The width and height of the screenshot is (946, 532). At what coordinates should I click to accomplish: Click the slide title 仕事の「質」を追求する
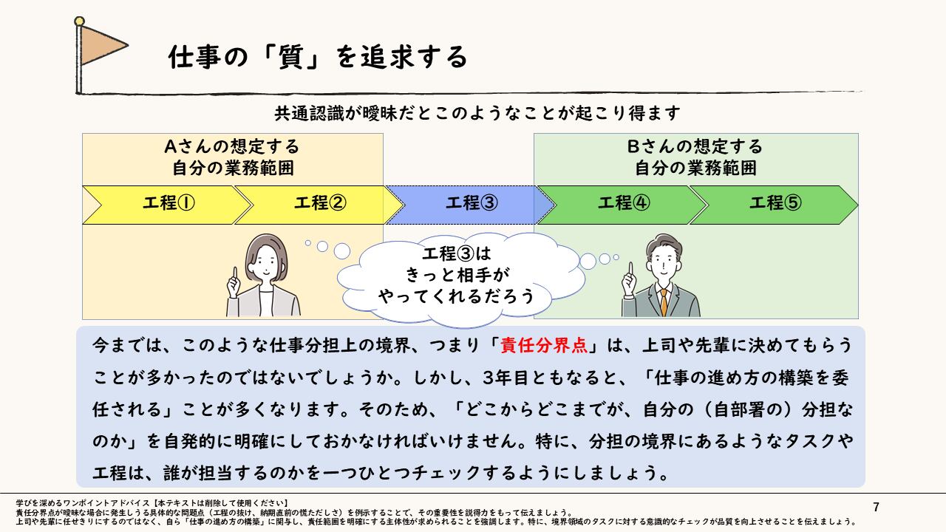[318, 57]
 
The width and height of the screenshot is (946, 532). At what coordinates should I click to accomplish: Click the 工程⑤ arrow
[774, 205]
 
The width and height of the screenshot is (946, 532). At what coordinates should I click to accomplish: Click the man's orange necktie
[664, 302]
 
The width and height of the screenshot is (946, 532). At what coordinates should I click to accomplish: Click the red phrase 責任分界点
[543, 345]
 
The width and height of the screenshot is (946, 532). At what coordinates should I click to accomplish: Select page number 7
[877, 507]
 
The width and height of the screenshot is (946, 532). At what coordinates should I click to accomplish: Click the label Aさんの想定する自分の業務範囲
[232, 157]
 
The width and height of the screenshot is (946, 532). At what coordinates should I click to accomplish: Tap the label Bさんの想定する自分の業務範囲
[695, 157]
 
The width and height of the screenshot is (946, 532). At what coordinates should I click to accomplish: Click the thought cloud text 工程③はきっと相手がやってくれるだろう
[457, 275]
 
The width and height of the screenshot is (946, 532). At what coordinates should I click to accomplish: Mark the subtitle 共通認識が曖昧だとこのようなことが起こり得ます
[477, 113]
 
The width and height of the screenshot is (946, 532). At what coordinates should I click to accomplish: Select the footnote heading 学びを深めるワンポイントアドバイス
[83, 503]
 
